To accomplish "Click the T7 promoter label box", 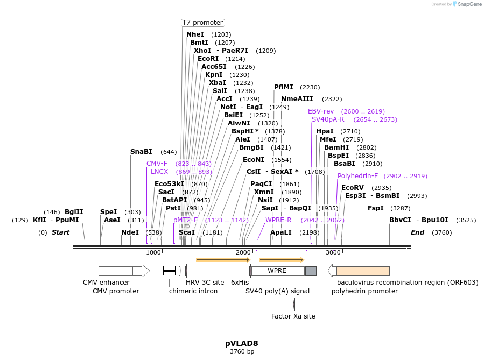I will point(202,23).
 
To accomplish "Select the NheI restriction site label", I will point(195,34).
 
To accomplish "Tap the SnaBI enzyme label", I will point(141,152).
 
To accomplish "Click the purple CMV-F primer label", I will point(157,164).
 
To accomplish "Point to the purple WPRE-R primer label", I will point(278,220).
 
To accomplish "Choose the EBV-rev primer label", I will point(321,111).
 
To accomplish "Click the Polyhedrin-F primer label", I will point(357,176).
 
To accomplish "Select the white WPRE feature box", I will point(277,271).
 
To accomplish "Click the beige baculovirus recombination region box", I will point(362,271).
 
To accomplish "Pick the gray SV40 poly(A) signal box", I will point(311,271).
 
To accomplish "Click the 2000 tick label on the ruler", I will point(243,252).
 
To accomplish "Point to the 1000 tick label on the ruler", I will point(153,252).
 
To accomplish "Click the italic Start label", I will point(60,232).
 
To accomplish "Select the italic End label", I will point(417,232).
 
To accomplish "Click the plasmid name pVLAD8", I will point(242,343).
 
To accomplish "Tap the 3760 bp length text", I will point(242,352).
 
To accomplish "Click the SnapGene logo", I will point(467,4).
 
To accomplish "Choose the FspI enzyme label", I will point(376,208).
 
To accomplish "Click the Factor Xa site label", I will point(293,316).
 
